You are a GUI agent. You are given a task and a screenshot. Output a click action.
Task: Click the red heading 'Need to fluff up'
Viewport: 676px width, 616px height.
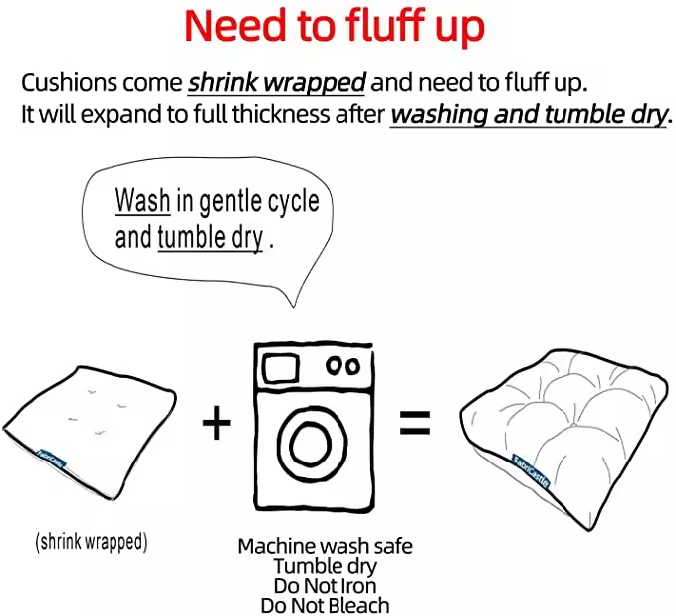pos(335,26)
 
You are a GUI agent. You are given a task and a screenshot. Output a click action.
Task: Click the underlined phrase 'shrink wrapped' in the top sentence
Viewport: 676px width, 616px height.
pos(277,82)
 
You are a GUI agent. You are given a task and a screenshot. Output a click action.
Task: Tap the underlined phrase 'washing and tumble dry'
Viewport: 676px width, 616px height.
pos(529,114)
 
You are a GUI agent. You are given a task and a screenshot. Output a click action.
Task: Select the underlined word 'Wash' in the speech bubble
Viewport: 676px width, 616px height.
pos(142,200)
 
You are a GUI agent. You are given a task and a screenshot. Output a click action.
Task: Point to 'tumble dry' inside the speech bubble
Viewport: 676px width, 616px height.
pos(210,237)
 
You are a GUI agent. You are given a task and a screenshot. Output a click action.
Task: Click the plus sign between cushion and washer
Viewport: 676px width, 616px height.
pos(217,423)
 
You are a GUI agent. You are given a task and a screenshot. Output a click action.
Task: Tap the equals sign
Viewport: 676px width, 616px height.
pos(415,423)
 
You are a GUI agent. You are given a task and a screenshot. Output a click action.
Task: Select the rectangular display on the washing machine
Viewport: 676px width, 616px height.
pos(281,368)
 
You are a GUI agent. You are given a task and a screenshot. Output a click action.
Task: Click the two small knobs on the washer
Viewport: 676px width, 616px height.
pos(343,366)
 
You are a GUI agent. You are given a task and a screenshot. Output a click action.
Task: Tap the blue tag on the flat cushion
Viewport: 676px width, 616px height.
pos(51,459)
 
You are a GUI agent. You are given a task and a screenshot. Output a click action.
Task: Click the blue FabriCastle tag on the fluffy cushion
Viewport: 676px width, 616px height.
pos(532,471)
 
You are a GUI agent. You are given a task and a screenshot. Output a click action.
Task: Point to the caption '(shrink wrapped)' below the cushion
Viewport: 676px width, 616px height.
pos(92,542)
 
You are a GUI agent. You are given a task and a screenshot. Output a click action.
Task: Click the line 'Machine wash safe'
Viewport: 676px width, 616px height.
pos(326,546)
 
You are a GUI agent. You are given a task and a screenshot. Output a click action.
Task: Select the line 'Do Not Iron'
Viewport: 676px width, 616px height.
pos(326,586)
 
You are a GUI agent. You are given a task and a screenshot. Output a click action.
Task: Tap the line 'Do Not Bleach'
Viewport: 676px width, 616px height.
pos(326,605)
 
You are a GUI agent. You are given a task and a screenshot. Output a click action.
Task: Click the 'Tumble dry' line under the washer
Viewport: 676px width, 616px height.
pos(326,566)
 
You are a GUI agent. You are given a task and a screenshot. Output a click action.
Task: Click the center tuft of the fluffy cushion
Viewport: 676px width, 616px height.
pos(573,425)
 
